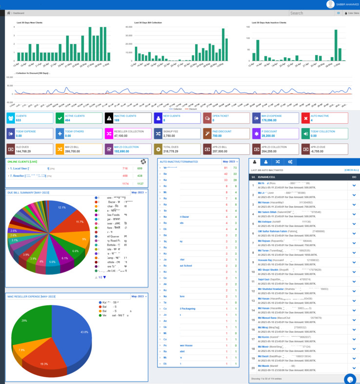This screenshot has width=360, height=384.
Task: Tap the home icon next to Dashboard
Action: coord(8,13)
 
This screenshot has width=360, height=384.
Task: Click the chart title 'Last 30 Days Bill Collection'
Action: coord(148,23)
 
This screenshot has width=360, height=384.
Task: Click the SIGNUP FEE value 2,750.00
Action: coord(169,136)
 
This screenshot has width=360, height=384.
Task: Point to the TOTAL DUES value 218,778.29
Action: coord(170,151)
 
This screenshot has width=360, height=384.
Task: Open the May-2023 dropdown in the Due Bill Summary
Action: coord(139,192)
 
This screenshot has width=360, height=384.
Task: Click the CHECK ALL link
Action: coord(351,170)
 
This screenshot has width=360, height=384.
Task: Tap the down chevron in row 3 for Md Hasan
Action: coord(354,205)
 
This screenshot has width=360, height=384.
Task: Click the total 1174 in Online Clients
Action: coord(125,184)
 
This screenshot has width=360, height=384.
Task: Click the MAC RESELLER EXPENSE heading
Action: coord(31,296)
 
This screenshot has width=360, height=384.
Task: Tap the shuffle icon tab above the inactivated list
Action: coord(278,162)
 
